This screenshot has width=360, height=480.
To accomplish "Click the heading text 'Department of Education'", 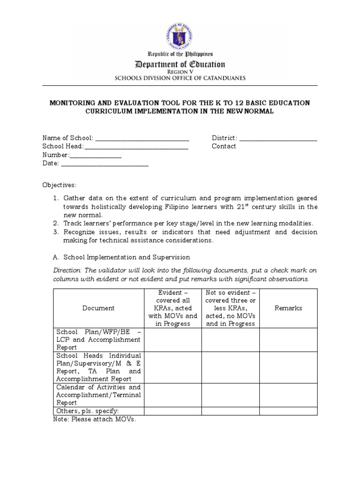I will pos(180,64).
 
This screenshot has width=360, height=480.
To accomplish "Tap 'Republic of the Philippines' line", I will pos(180,54).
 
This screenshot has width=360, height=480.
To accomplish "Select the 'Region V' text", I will pos(180,72).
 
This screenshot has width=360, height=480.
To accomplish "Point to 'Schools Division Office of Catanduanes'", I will pos(180,78).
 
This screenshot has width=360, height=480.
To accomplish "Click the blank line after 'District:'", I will pos(278,139).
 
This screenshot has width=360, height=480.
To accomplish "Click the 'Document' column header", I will pos(98,308).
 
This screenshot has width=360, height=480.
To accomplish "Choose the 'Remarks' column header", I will pos(288,308).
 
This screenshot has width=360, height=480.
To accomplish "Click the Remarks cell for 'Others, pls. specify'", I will pos(288,411).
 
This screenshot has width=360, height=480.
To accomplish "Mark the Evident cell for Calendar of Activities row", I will pos(172,395).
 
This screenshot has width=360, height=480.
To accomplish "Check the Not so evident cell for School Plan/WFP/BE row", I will pos(231,339).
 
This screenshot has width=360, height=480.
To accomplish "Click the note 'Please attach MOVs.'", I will pos(95,420).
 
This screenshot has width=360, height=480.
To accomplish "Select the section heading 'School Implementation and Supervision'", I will pos(127,257).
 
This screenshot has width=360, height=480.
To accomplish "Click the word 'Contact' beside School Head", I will pos(224,146).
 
